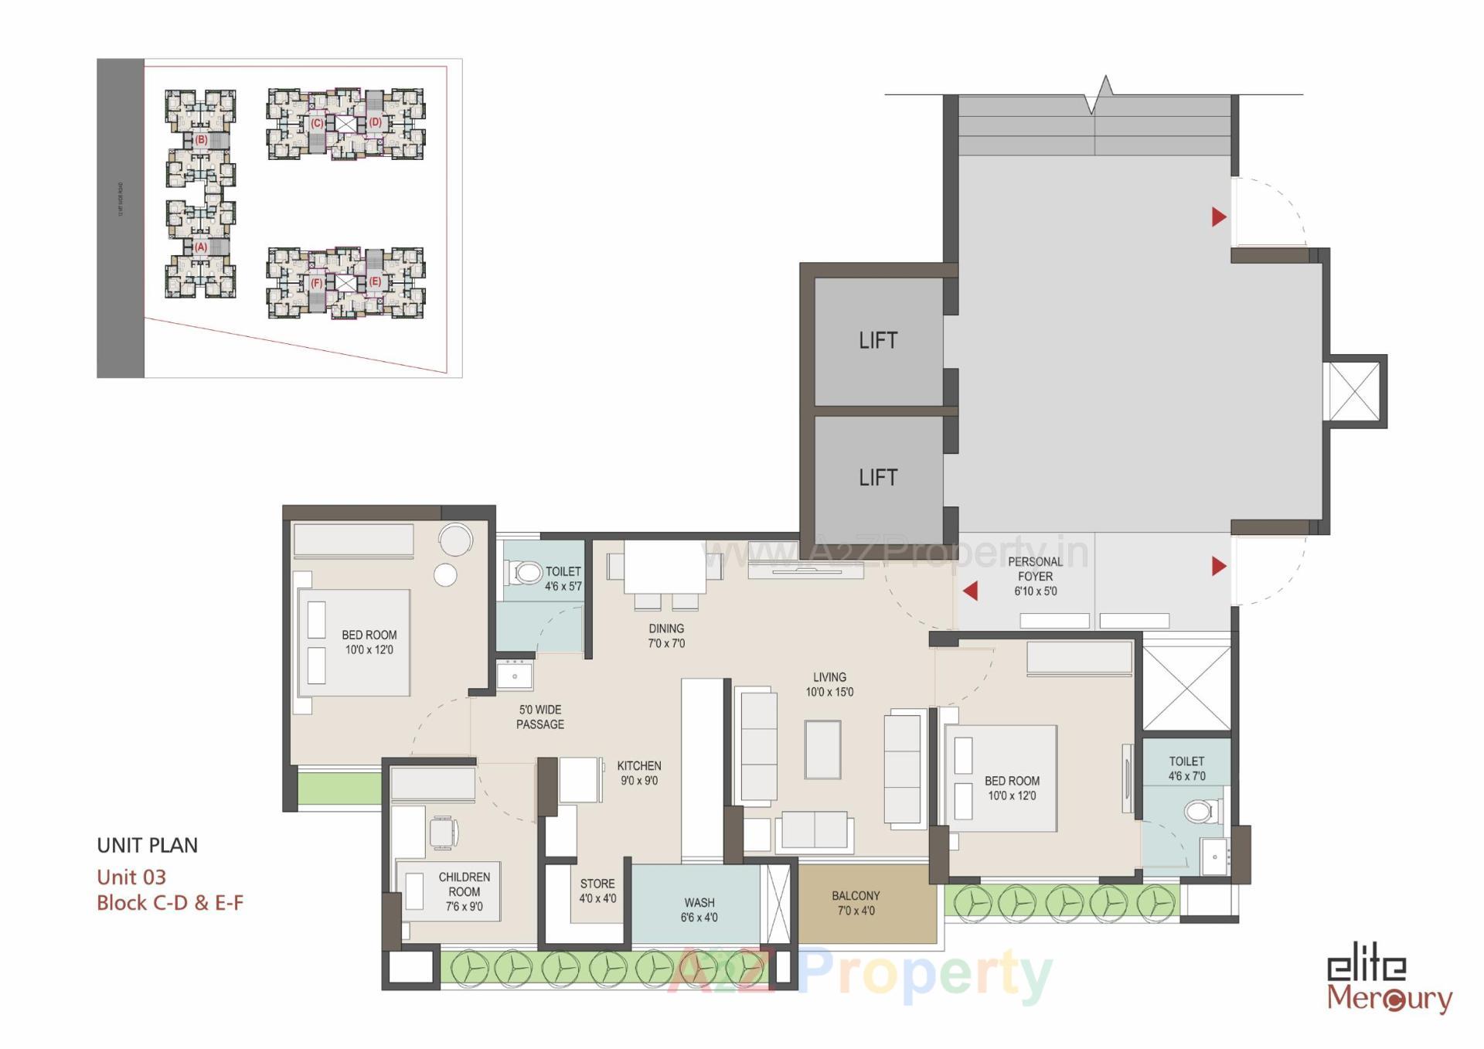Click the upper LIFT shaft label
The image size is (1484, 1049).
coord(878,340)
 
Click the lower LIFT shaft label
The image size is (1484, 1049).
coord(878,478)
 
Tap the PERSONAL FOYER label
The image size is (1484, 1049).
coord(1035,576)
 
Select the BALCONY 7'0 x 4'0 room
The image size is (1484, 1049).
coord(856,903)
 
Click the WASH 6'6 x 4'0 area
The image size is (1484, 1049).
coord(699,910)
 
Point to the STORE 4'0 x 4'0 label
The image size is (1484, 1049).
coord(597,891)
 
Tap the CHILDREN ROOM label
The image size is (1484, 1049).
coord(464,891)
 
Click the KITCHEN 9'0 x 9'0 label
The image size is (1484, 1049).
coord(639,773)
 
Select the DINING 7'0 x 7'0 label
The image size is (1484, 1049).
coord(666,635)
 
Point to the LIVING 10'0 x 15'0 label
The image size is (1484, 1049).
coord(829,684)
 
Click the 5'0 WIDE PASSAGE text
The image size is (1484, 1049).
coord(540,717)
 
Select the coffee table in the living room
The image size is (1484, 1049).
coord(822,749)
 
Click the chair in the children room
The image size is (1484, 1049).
coord(443,833)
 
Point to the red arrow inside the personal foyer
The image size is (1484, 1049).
coord(971,591)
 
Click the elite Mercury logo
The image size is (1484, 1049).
coord(1389,983)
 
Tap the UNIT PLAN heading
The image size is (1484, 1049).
coord(148,845)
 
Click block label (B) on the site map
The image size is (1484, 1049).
coord(201,140)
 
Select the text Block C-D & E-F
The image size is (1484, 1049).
coord(170,903)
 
